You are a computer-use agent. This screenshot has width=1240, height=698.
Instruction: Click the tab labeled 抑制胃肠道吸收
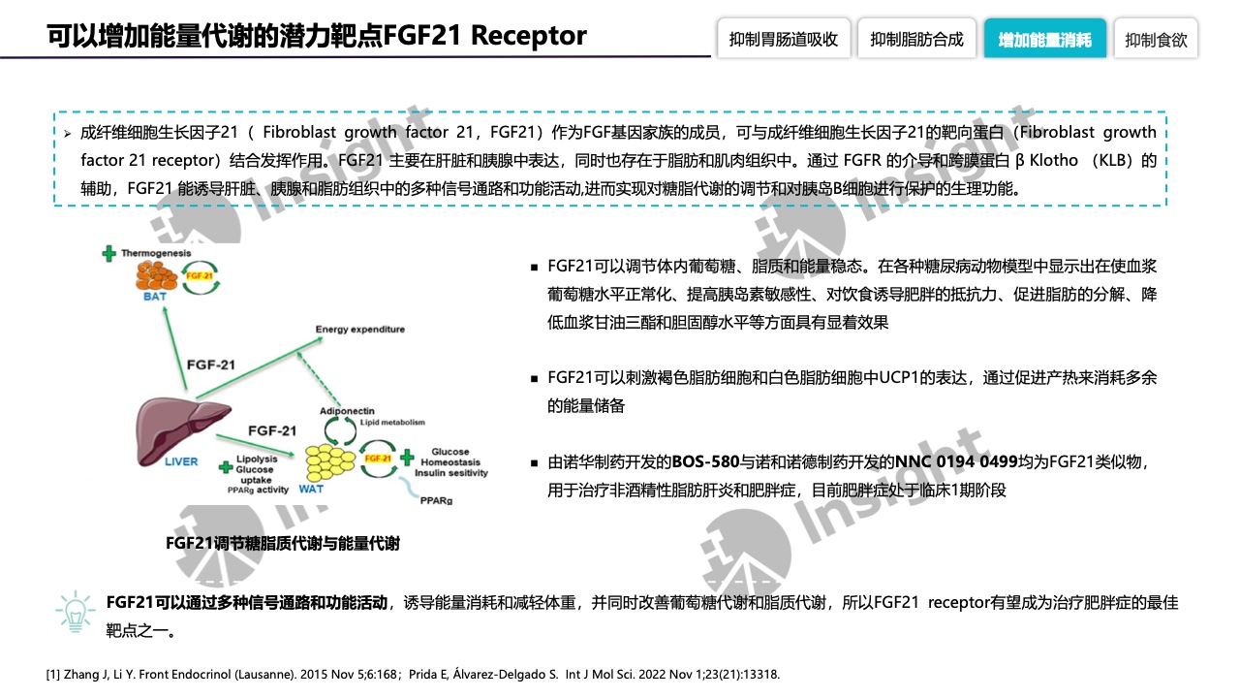(x=784, y=40)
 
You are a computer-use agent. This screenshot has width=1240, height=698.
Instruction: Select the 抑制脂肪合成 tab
(x=916, y=40)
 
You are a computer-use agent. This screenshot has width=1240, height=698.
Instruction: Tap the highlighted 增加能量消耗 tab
(x=1044, y=40)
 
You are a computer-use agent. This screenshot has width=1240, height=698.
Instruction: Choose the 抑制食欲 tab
(x=1156, y=40)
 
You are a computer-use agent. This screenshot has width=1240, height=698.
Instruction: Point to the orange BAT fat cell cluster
(x=160, y=275)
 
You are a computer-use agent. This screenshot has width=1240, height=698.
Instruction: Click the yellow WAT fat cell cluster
(x=330, y=461)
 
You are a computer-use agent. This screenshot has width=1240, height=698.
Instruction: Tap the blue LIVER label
(x=183, y=461)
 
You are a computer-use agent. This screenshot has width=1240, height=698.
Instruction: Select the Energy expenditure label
(x=360, y=330)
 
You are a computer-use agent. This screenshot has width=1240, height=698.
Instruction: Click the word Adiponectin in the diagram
(x=347, y=411)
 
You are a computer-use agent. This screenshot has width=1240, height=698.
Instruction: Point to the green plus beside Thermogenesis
(x=108, y=253)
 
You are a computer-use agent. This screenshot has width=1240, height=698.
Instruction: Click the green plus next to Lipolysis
(x=222, y=461)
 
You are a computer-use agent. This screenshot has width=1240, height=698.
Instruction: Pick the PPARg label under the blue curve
(x=436, y=501)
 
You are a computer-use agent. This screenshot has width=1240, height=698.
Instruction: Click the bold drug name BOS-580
(x=706, y=461)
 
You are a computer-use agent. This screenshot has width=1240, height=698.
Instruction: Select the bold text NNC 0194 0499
(x=956, y=461)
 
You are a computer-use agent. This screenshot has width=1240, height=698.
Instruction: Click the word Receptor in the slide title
(x=530, y=36)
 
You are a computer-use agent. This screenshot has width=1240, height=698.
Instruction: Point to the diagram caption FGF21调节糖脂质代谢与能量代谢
(x=283, y=544)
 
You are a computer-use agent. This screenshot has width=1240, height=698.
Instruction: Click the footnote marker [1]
(x=54, y=674)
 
